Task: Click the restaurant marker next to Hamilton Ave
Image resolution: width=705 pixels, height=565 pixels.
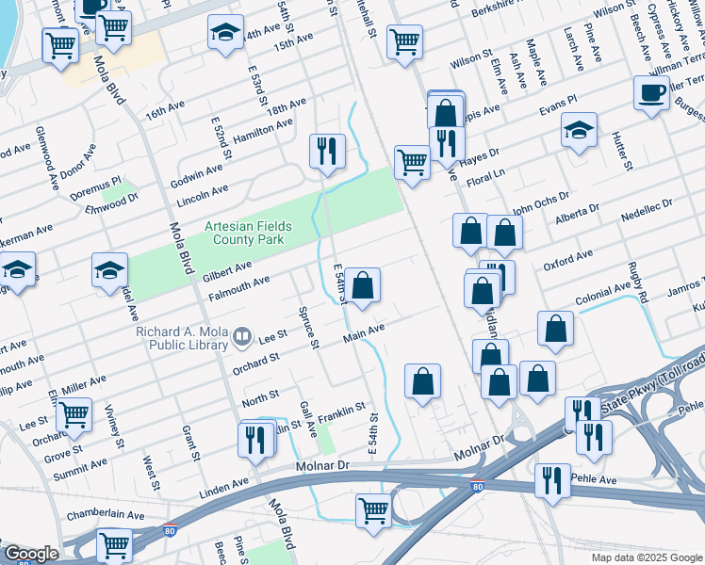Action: (x=327, y=151)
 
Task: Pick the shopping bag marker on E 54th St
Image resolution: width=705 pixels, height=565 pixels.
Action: (x=362, y=284)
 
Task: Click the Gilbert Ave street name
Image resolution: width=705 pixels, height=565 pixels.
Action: (x=226, y=271)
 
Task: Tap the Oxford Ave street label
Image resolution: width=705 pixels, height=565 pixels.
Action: (x=567, y=258)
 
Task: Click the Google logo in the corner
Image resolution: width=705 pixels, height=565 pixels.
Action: (x=30, y=554)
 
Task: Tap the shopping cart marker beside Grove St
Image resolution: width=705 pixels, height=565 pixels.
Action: (x=74, y=413)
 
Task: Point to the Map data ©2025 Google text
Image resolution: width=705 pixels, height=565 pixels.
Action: (x=646, y=557)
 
